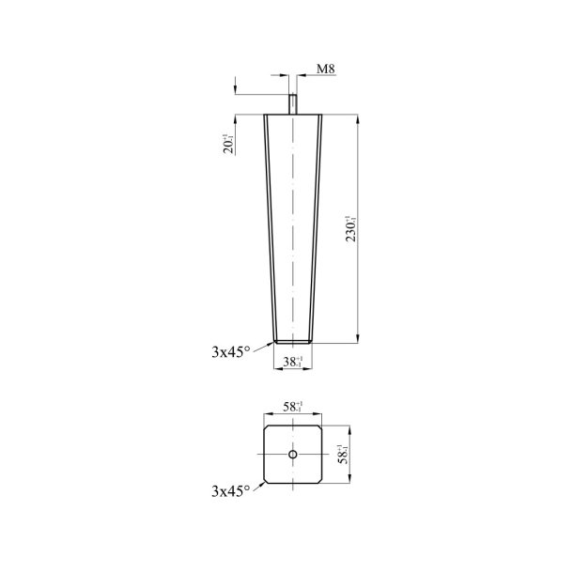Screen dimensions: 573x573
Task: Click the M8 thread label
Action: [325, 70]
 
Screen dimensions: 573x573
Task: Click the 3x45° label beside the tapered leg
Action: [231, 352]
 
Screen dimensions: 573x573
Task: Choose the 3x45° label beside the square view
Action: [231, 490]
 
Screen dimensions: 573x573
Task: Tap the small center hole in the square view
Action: [293, 455]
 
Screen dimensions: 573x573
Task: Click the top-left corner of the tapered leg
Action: [266, 116]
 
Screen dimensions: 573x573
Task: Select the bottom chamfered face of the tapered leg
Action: [293, 342]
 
